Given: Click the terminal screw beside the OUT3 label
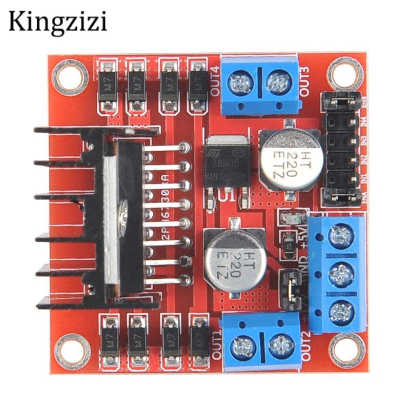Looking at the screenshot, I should tap(277, 81).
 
